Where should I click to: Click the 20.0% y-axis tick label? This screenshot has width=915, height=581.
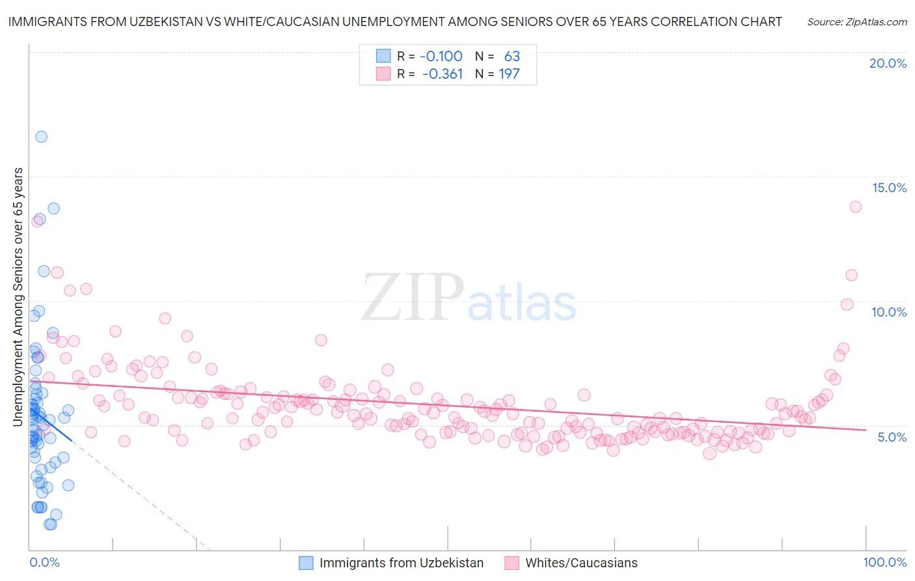point(888,63)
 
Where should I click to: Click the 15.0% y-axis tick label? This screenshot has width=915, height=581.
point(889,188)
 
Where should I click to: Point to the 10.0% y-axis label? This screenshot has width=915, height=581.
point(889,312)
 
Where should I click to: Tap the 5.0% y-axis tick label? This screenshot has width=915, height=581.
point(892,437)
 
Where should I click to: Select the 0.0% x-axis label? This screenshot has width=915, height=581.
point(44,562)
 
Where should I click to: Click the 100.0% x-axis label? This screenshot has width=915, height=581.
point(884,562)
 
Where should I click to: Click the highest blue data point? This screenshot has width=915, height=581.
point(41,137)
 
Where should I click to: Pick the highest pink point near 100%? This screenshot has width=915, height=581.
point(855,206)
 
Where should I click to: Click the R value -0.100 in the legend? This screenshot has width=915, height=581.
point(441,57)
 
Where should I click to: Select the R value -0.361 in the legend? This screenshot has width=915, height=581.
point(443,74)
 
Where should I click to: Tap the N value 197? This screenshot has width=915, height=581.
point(509,74)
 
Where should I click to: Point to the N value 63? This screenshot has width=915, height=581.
point(512,57)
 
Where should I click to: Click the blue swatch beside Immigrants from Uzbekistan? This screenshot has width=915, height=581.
point(306,563)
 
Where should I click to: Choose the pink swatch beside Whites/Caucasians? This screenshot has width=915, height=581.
point(512,563)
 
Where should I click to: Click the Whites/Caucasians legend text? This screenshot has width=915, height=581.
point(581,563)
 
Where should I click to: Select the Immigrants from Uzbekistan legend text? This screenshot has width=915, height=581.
point(402,563)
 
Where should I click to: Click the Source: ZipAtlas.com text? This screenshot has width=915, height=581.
point(856,21)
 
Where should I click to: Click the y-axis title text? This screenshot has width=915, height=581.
point(18,297)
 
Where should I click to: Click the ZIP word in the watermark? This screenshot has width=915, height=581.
point(412,298)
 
